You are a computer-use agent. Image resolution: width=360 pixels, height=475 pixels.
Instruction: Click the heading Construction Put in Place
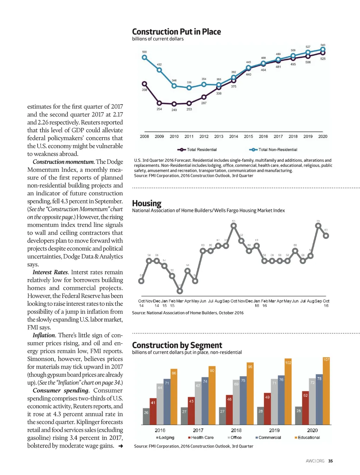[176, 32]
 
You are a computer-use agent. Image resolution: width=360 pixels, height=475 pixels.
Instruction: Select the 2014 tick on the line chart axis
[233, 137]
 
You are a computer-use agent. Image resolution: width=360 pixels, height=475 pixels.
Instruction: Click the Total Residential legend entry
[197, 150]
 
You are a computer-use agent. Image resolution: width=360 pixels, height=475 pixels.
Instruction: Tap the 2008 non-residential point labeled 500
[144, 57]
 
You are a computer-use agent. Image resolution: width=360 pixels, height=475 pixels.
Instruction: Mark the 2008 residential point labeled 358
[144, 84]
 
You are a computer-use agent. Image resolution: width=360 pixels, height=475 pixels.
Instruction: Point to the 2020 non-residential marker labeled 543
[323, 50]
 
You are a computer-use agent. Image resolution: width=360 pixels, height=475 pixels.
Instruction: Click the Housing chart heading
[147, 203]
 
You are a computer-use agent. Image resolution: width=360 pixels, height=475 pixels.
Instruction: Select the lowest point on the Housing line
[180, 291]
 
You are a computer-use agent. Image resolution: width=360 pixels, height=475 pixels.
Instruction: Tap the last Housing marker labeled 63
[326, 236]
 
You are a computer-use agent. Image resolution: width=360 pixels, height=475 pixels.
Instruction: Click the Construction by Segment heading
[177, 345]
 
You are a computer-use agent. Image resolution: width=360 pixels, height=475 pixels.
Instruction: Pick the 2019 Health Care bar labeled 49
[267, 409]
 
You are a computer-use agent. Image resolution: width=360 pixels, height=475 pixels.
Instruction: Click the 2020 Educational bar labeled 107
[326, 391]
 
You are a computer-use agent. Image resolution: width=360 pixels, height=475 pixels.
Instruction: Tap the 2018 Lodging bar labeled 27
[222, 416]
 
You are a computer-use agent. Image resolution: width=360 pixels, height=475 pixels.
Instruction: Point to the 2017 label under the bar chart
[198, 430]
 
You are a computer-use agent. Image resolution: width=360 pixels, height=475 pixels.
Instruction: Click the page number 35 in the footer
[330, 461]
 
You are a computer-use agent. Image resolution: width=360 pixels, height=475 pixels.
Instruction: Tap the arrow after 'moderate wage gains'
[121, 446]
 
